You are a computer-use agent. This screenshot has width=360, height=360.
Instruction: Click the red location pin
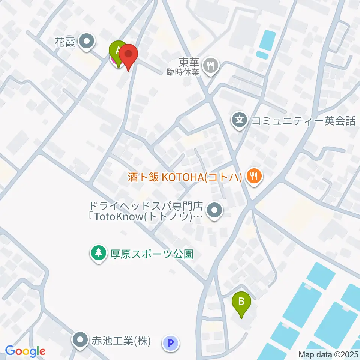pos(128,55)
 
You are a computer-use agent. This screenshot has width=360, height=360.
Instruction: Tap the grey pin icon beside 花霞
pos(87,42)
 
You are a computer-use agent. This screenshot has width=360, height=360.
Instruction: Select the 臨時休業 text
pos(183,72)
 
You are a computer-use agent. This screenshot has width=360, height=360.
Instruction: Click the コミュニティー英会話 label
pos(303,121)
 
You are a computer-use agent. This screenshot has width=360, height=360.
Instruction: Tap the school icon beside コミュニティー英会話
pos(240,121)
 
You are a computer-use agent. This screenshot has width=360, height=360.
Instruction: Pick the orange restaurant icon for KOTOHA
pos(254,176)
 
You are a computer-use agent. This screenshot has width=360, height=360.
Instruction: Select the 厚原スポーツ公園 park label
pos(151,254)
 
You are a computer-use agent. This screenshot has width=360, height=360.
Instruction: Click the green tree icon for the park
pos(98,253)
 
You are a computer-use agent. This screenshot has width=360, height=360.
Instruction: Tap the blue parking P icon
pos(171,342)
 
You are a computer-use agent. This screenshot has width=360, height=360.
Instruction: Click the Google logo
pos(25,351)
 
